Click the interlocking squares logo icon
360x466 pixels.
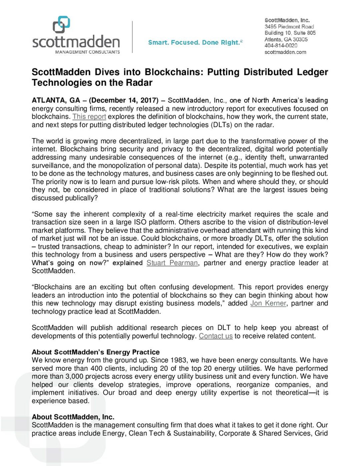click(x=62, y=25)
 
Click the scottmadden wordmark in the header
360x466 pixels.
click(x=76, y=42)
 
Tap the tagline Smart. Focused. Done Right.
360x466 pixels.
click(x=195, y=43)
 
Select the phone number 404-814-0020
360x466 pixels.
click(x=281, y=46)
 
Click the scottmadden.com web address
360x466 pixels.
click(x=285, y=52)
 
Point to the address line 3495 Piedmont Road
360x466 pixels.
click(x=289, y=27)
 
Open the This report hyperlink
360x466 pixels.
click(x=89, y=117)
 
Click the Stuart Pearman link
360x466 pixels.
click(x=172, y=263)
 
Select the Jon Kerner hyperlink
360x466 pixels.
click(x=268, y=303)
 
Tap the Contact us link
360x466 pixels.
click(x=216, y=336)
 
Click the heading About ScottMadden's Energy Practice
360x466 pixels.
click(x=96, y=352)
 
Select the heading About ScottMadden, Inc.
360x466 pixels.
click(x=73, y=417)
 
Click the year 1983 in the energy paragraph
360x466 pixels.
click(x=178, y=360)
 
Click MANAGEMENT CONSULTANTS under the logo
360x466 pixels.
click(x=87, y=52)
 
